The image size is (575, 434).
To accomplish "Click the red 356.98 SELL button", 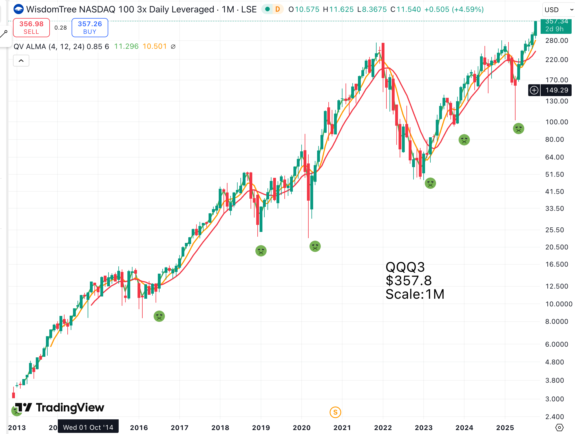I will pos(31,28).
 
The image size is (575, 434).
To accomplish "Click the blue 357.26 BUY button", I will pos(90,28).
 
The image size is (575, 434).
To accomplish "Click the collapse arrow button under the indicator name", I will pos(21,61).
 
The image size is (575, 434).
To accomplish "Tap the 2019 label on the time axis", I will pos(261,428).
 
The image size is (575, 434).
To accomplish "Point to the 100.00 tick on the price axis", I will pos(556,122).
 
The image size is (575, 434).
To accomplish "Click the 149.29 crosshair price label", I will pos(556,90).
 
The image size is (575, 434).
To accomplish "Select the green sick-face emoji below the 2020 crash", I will pos(315,246).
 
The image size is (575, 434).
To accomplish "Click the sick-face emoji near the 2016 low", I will pos(159,316).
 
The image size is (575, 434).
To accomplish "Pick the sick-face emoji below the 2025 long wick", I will pos(518,129).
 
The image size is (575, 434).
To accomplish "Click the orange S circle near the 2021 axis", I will pos(335,412).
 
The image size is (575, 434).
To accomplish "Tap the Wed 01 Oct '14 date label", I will pos(88,428).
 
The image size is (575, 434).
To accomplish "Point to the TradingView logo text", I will pos(70,408).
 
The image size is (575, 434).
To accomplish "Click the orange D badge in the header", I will pos(278,9).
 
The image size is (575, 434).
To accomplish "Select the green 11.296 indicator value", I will pos(126,46).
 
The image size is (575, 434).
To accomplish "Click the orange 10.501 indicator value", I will pos(154,46).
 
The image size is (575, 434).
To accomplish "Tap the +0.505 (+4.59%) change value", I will pos(454,9).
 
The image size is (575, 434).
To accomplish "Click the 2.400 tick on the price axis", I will pos(554,417).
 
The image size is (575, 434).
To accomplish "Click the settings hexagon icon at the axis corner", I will pos(559,428).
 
